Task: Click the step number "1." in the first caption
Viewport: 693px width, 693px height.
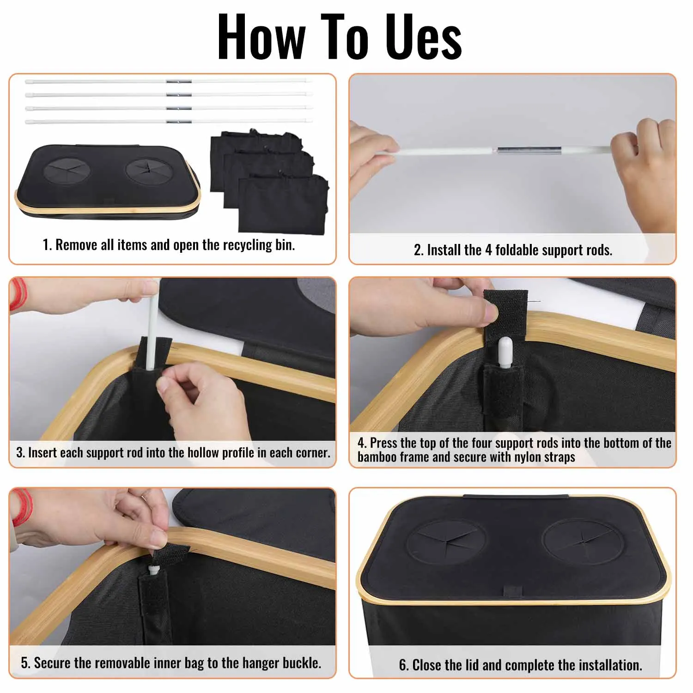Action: click(47, 245)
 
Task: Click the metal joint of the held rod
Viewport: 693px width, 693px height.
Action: click(529, 151)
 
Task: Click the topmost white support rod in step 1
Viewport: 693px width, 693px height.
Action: click(168, 81)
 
